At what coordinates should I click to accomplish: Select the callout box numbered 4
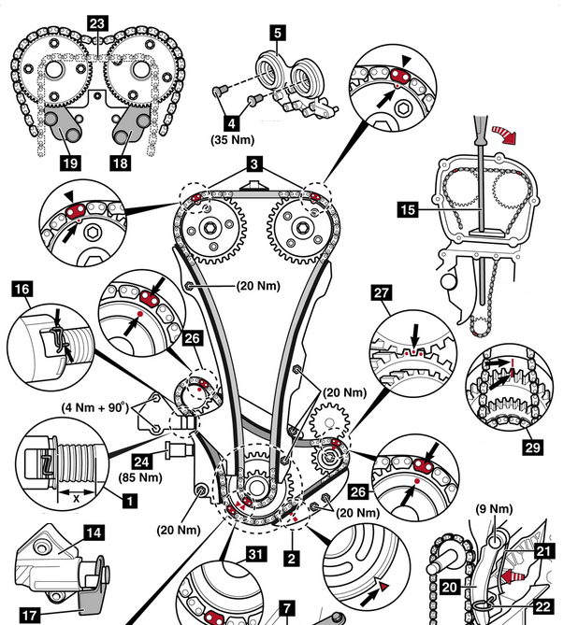point(231,121)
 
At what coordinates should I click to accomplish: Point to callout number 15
point(407,210)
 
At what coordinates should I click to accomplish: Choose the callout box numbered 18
point(121,162)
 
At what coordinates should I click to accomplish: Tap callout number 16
point(22,291)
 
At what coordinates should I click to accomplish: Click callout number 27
point(383,293)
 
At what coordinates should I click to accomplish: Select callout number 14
point(94,534)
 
